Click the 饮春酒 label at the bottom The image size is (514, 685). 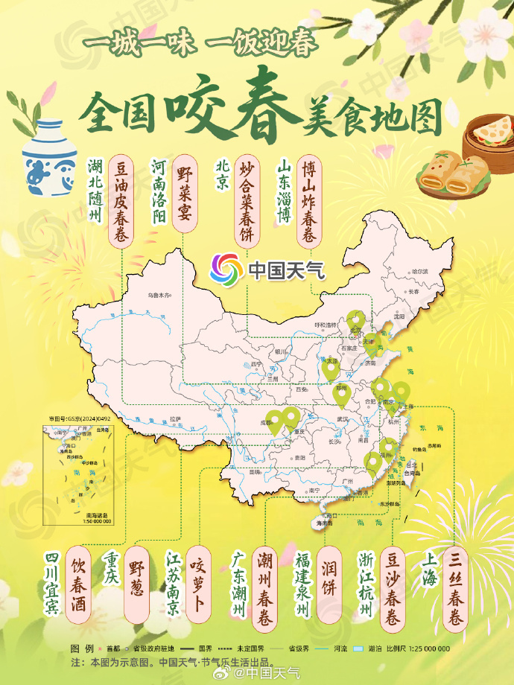78,585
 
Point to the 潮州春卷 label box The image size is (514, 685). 266,587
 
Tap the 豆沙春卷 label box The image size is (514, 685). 393,587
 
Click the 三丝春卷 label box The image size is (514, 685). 457,587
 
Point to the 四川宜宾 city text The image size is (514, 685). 51,585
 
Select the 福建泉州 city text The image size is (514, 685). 302,585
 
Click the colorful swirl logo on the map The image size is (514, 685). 224,269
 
